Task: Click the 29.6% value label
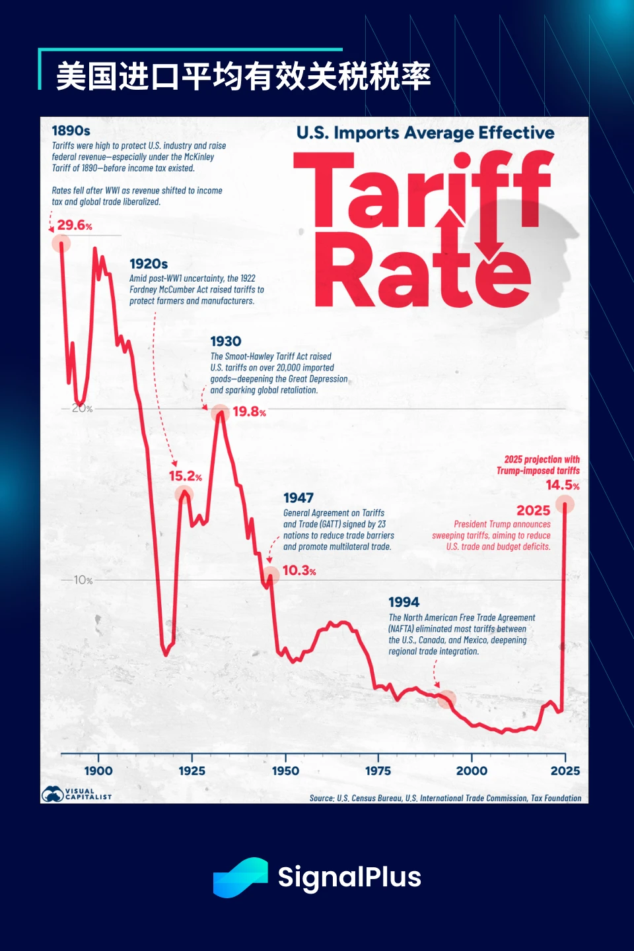[x=74, y=225]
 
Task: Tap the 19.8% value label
[x=249, y=412]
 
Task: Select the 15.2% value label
[x=185, y=476]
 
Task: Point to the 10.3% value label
[x=299, y=570]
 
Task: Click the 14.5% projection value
[x=562, y=485]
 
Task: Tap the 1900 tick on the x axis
[x=98, y=770]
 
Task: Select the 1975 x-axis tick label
[x=378, y=770]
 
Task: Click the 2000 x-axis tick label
[x=472, y=770]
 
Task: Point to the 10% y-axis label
[x=83, y=580]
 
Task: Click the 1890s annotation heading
[x=71, y=131]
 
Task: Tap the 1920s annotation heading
[x=149, y=264]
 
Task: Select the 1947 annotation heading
[x=299, y=498]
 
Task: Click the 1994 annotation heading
[x=404, y=602]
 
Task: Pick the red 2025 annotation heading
[x=533, y=510]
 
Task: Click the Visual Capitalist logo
[x=77, y=794]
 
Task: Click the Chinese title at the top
[x=243, y=77]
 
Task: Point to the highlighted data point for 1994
[x=447, y=699]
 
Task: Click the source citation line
[x=445, y=798]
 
